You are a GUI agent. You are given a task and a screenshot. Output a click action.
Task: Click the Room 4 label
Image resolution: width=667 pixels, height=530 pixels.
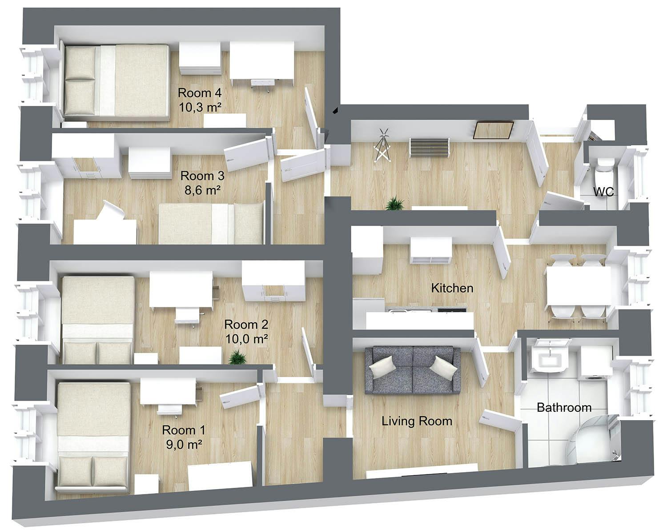pos(200,93)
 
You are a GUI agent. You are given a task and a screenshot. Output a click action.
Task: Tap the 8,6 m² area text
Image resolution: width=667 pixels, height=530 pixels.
pos(203,191)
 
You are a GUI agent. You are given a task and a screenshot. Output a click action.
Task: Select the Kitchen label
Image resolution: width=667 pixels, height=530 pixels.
pos(452,288)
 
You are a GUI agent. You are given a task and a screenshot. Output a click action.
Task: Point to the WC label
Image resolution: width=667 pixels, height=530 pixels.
pos(604,192)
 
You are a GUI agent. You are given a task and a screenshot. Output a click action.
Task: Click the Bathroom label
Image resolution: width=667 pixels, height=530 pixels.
pos(564,407)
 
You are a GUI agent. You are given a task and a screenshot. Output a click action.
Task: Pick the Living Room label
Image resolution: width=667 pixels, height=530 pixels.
pos(417,421)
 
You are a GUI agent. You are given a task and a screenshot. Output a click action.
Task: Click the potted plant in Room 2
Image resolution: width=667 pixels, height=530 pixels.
pos(238,357)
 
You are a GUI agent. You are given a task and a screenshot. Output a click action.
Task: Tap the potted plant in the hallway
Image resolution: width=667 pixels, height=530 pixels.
pos(394,204)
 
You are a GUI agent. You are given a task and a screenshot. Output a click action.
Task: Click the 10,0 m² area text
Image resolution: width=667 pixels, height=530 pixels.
pos(246,339)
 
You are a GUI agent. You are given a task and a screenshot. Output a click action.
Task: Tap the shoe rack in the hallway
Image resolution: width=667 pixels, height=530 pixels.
pos(429,147)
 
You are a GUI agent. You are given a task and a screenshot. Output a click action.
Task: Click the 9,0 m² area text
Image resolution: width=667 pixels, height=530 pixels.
pos(184,444)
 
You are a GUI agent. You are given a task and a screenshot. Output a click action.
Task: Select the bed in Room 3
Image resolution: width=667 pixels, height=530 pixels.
pos(211,224)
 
